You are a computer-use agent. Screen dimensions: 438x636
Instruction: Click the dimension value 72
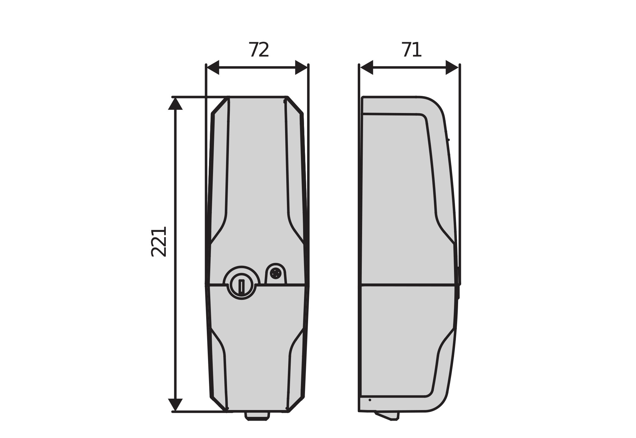coord(259,50)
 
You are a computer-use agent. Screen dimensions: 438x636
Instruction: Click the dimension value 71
coord(412,50)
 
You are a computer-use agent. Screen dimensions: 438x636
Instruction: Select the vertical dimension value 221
coord(159,242)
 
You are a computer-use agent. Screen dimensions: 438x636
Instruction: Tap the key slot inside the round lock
coord(241,286)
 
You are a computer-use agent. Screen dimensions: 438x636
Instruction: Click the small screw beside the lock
coord(275,273)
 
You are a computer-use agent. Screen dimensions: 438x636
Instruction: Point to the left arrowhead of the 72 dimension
coord(213,67)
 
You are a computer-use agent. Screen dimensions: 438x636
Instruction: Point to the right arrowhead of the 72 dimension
coord(301,67)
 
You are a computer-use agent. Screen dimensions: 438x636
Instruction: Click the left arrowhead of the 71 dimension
coord(367,67)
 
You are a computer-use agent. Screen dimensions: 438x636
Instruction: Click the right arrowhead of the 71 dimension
coord(452,67)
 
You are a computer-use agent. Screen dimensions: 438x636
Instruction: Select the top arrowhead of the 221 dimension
coord(175,104)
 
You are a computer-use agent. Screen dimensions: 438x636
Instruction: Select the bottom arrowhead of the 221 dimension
coord(175,404)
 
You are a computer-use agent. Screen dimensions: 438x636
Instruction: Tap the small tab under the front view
coord(257,416)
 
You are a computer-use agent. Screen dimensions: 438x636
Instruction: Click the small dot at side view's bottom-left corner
coord(370,400)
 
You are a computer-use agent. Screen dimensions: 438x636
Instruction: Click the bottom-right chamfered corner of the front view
coord(296,404)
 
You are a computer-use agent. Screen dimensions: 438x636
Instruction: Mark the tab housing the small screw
coord(276,274)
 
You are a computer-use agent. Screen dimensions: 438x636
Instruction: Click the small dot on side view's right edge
coord(448,140)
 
